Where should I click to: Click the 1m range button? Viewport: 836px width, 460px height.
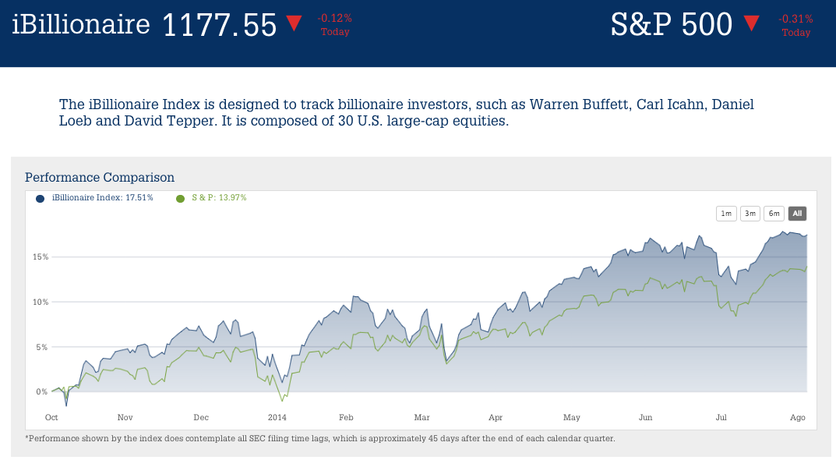point(726,214)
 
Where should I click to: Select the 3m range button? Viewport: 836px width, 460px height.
point(750,214)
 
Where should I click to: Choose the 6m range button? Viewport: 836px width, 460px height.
point(774,214)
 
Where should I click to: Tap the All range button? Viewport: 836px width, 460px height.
point(797,214)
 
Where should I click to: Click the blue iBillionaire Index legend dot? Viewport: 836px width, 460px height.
point(41,198)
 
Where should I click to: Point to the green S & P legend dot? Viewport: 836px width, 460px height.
point(181,198)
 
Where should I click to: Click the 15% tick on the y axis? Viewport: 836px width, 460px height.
point(41,257)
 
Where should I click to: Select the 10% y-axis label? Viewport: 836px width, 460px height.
point(41,302)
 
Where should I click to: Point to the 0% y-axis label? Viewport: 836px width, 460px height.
point(42,391)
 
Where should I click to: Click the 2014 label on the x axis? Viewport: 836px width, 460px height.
point(277,418)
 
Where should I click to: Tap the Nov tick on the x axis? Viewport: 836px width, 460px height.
point(125,418)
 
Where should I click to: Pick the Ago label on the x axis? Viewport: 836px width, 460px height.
point(798,418)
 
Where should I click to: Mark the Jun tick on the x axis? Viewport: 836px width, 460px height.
point(646,418)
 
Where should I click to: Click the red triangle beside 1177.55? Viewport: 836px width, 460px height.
point(294,23)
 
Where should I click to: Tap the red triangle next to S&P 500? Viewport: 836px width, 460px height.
point(751,23)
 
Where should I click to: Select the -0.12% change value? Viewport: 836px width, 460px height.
point(335,18)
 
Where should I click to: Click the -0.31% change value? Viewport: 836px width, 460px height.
point(795,19)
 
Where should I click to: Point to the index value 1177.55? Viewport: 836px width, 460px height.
point(219,25)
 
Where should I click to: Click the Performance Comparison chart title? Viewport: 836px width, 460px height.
point(100,178)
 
